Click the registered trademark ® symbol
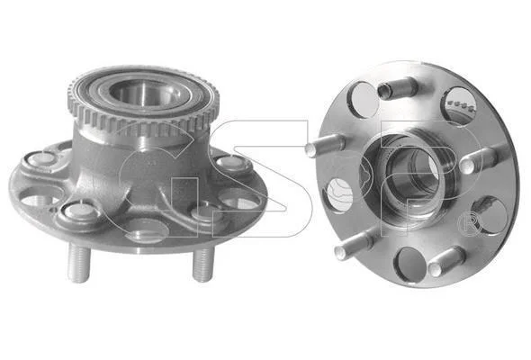[x=470, y=224]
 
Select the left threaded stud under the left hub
[x=79, y=263]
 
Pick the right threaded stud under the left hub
[x=203, y=265]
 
